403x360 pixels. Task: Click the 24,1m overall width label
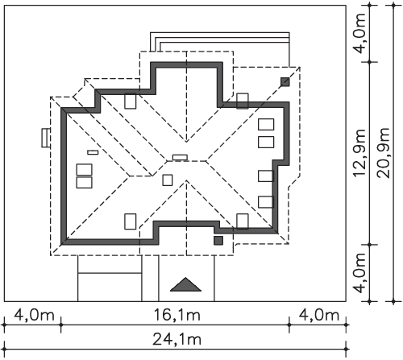coord(177,339)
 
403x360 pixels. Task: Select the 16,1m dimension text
coord(177,315)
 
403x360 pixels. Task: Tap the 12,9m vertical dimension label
coord(359,153)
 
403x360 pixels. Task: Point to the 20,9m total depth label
coord(384,153)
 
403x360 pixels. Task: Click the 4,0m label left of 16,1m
coord(34,315)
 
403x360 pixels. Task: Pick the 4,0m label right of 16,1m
coord(319,315)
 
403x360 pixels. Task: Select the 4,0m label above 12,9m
coord(359,33)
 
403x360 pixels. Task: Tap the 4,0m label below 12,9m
coord(359,273)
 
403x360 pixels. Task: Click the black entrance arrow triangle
coord(185,284)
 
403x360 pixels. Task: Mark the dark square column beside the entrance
coord(218,241)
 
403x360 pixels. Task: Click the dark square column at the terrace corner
coord(285,82)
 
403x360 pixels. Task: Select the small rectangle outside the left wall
coord(46,138)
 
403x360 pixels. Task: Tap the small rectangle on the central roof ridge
coord(180,157)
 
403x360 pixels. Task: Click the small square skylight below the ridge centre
coord(168,180)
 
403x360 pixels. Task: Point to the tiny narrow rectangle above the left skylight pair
coord(93,152)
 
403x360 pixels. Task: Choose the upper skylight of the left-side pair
coord(85,169)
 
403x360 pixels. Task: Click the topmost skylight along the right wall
coord(266,124)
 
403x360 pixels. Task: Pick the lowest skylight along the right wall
coord(265,202)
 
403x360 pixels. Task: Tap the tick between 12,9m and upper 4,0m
coord(370,62)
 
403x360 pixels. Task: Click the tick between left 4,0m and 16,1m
coord(61,325)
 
